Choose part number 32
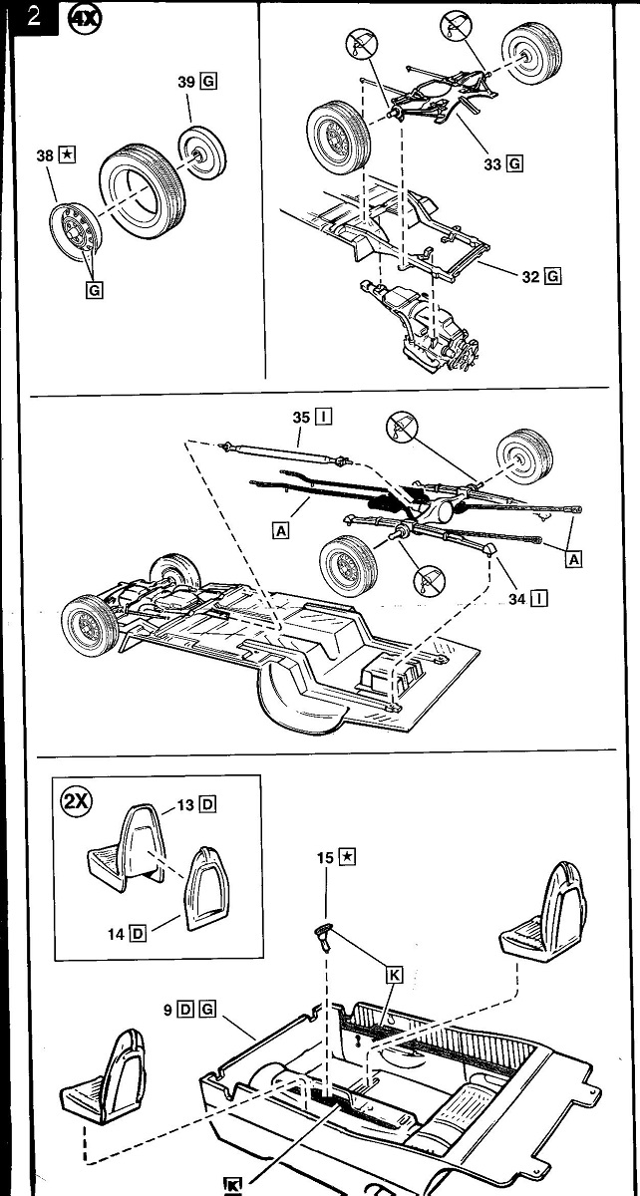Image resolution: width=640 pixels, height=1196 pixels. coord(530,276)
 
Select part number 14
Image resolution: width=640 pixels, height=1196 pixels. coord(117,933)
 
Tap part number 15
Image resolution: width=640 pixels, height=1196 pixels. coord(324,857)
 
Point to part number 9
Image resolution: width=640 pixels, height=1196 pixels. coord(168,1010)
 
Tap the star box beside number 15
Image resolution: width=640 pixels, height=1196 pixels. coord(346,857)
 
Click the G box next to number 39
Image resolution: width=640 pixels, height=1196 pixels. coord(209,83)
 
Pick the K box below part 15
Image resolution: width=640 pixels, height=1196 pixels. coord(393,978)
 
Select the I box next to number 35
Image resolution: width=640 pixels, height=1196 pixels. coord(324,417)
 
